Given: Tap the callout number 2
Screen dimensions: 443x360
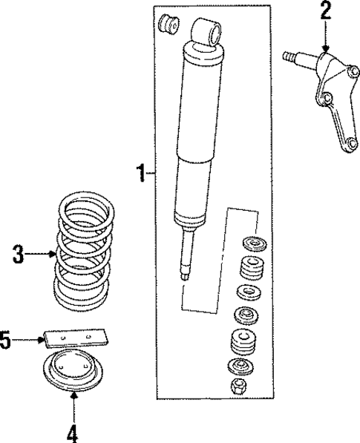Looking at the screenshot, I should click(x=324, y=11).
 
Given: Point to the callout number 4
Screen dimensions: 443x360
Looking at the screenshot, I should click(x=73, y=430).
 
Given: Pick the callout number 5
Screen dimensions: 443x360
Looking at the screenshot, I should click(x=6, y=341).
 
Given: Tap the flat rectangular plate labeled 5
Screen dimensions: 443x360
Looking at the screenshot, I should click(x=74, y=338).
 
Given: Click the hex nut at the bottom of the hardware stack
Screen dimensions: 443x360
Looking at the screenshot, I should click(x=239, y=386).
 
